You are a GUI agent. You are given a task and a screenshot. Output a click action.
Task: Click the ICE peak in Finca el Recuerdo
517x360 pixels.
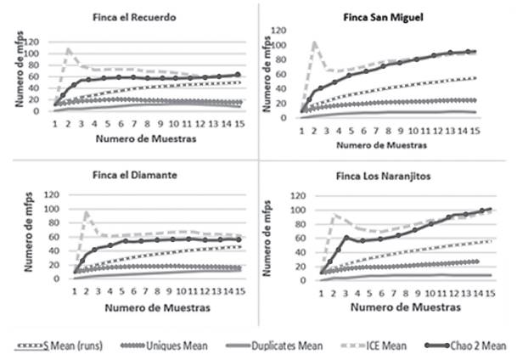[x=69, y=48]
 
